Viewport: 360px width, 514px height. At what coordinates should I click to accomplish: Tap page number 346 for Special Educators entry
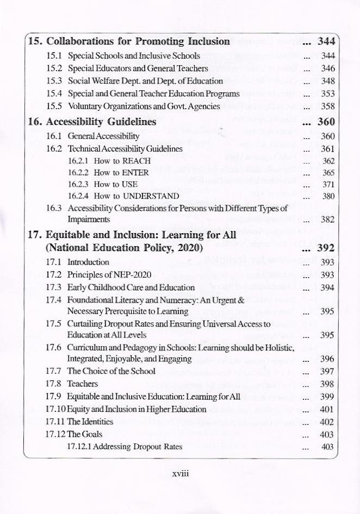327,68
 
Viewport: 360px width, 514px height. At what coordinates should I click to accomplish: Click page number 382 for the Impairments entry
327,220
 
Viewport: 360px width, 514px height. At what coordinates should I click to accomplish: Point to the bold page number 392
325,249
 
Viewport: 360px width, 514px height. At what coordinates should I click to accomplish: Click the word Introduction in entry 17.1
88,262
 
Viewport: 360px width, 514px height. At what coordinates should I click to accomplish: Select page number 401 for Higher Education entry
327,409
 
